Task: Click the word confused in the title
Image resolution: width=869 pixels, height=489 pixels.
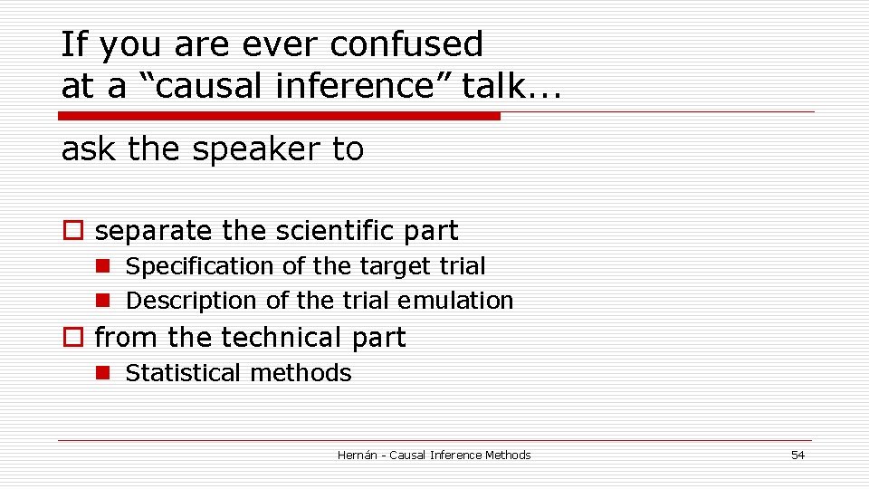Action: point(407,43)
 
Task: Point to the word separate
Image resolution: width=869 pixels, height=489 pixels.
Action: point(154,232)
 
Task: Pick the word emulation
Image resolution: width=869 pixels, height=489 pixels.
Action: point(460,301)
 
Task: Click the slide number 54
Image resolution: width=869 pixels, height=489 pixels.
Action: point(797,455)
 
